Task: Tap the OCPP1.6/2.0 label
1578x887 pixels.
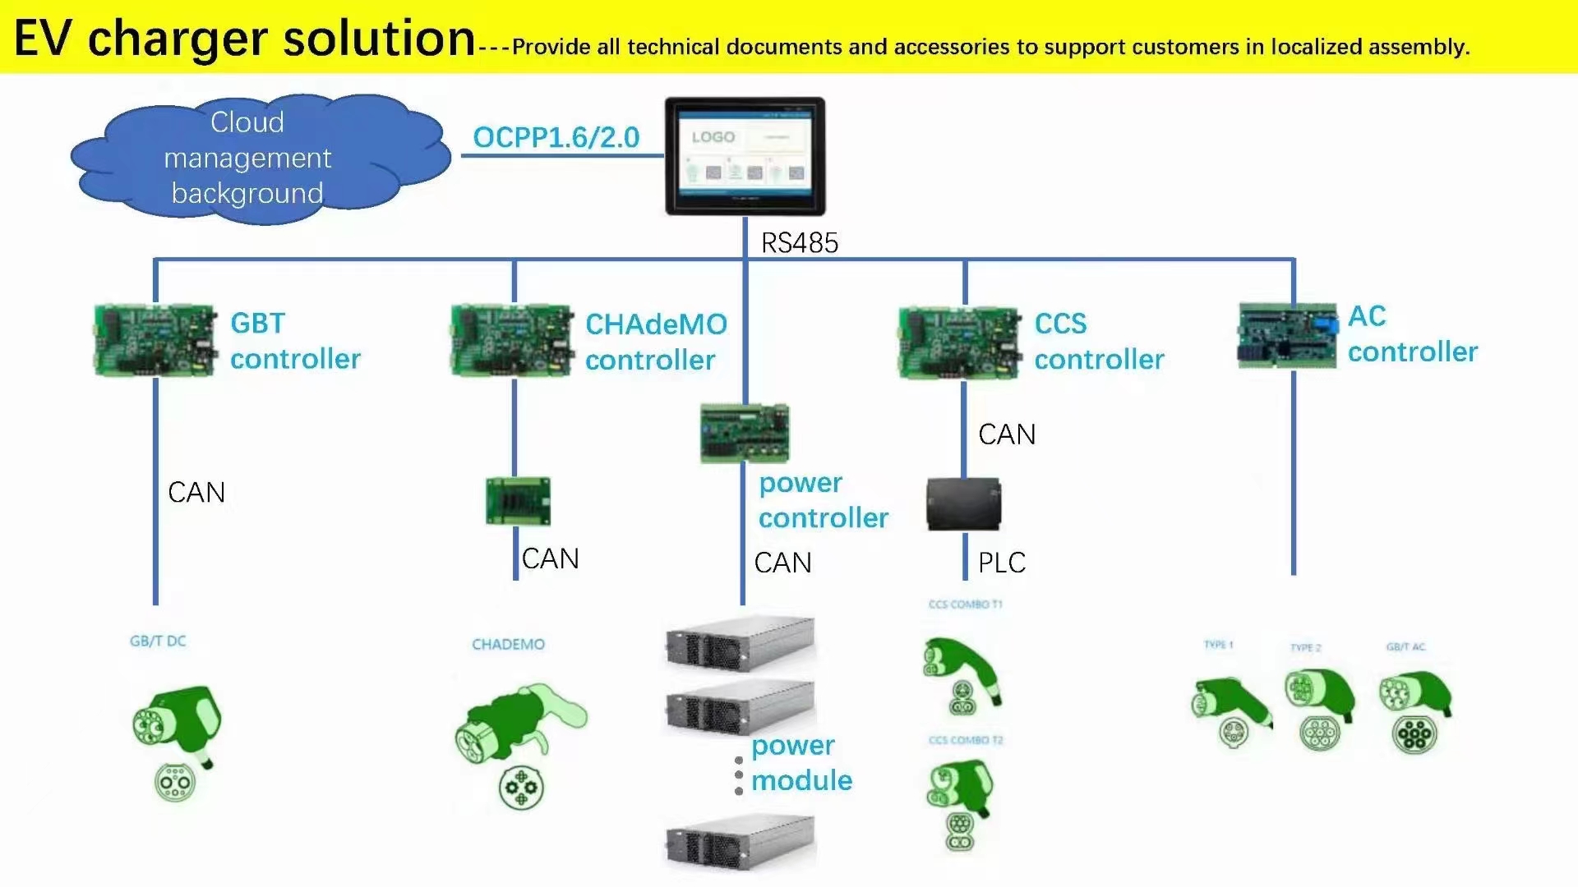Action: pos(556,137)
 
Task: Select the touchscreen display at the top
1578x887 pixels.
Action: pos(745,156)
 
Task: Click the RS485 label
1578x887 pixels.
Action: pos(799,243)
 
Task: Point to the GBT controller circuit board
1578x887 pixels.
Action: pos(155,341)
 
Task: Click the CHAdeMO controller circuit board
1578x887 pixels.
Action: pos(511,341)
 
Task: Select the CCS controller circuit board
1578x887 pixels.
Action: pos(958,342)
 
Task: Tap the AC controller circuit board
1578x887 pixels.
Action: pos(1287,336)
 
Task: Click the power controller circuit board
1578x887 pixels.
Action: pos(744,433)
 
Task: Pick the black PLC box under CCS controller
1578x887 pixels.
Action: pos(963,504)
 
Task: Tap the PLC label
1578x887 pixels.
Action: pos(1002,563)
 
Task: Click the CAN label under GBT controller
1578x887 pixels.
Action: pos(196,493)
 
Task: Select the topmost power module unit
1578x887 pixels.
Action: pos(740,644)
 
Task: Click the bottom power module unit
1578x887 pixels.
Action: pos(740,842)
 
